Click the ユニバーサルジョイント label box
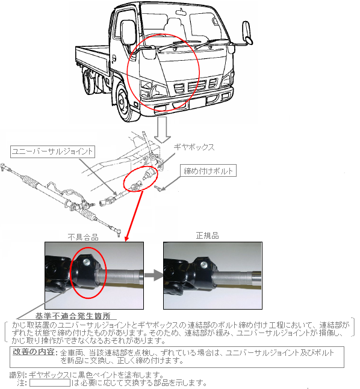[x=52, y=152]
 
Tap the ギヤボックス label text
[x=194, y=147]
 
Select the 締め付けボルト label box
[x=208, y=171]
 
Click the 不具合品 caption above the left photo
[x=83, y=237]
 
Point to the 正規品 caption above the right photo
[x=208, y=236]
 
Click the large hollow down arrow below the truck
[x=163, y=130]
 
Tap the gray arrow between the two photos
[x=154, y=275]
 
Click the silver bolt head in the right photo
[x=203, y=264]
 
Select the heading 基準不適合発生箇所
[x=73, y=316]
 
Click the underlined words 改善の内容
[x=34, y=352]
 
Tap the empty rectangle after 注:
[x=50, y=382]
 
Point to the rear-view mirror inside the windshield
[x=181, y=12]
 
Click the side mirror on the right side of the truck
[x=247, y=33]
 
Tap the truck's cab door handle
[x=114, y=58]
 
